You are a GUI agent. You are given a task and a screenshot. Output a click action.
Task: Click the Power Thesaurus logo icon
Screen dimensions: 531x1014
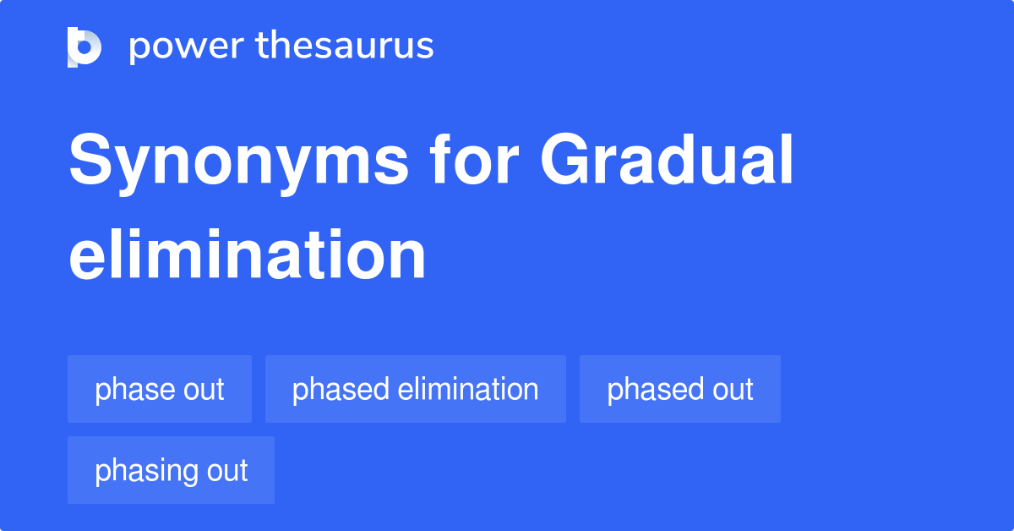click(84, 47)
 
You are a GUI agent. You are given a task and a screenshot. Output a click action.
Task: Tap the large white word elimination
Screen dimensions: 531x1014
click(247, 255)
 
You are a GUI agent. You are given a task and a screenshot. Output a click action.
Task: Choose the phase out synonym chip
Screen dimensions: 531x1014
click(160, 389)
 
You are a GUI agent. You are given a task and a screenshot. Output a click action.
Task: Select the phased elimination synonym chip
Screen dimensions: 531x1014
click(415, 389)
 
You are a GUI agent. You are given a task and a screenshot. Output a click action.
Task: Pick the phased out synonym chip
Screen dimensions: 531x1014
click(679, 389)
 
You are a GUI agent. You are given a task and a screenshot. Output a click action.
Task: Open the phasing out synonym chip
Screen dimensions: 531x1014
click(171, 470)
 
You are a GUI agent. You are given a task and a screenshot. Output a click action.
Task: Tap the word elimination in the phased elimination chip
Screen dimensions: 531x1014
click(467, 389)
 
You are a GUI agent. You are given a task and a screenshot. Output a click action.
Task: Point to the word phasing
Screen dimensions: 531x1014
click(144, 471)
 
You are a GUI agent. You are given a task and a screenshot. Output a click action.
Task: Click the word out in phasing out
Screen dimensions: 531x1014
click(225, 470)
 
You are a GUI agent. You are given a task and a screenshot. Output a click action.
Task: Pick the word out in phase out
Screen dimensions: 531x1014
click(202, 390)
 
